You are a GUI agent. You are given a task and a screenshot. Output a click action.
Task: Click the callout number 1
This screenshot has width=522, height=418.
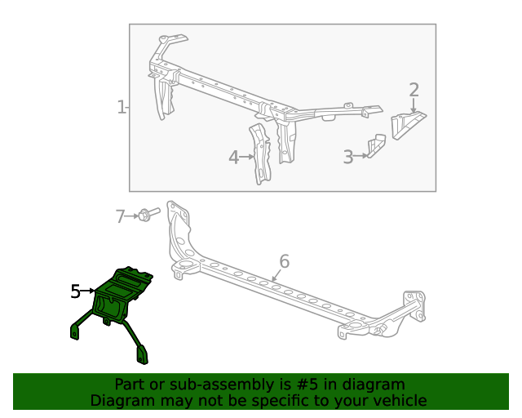click(121, 107)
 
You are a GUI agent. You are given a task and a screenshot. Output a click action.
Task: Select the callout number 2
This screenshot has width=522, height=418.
click(414, 90)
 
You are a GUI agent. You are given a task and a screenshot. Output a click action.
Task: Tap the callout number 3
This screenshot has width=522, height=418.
click(347, 157)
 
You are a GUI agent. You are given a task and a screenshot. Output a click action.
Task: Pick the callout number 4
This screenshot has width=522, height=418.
click(234, 157)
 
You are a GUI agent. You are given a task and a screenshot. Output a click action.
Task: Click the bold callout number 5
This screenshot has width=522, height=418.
click(75, 291)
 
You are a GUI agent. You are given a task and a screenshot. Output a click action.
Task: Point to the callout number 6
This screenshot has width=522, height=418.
click(284, 261)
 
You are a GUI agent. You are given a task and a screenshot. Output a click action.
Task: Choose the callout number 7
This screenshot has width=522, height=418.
click(120, 216)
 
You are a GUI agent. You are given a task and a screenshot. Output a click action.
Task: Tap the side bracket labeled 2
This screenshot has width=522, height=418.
click(407, 124)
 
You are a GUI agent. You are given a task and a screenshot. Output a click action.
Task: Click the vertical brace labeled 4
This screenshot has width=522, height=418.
click(260, 152)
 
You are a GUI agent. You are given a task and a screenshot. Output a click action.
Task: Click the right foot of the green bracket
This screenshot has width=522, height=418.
click(142, 354)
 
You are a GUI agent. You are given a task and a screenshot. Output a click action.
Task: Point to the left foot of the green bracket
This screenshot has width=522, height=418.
click(75, 331)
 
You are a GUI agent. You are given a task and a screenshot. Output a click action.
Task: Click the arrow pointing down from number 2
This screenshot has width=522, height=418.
click(414, 105)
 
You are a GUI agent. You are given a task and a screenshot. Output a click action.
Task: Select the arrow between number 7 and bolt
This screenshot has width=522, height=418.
click(132, 216)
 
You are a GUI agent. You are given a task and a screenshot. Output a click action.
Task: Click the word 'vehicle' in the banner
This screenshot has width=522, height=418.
click(400, 400)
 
